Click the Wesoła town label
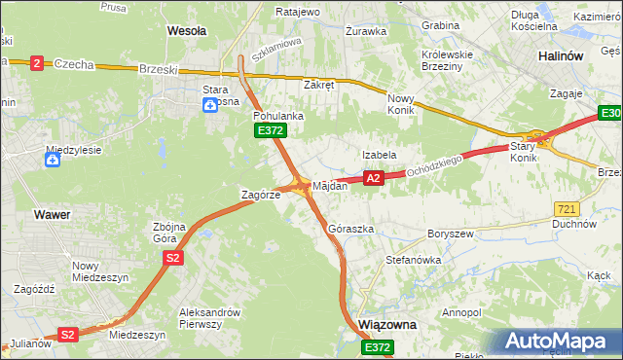click(187, 31)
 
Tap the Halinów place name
click(561, 56)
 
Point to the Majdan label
click(330, 185)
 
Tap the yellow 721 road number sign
click(566, 209)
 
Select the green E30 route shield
click(608, 115)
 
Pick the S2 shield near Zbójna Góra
click(172, 258)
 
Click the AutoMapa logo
click(559, 342)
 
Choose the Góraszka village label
click(351, 229)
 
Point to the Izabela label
click(379, 155)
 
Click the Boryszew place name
click(450, 234)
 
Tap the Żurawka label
click(366, 31)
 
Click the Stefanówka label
click(414, 261)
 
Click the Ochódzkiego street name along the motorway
click(436, 161)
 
